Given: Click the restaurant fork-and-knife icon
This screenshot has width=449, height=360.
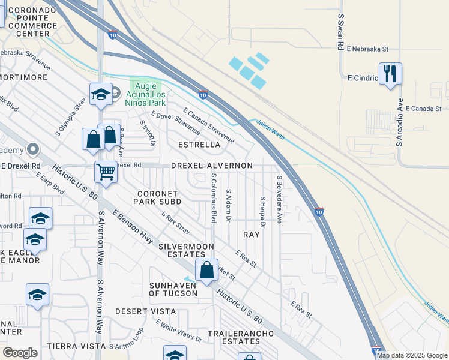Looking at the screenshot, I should coord(390,74).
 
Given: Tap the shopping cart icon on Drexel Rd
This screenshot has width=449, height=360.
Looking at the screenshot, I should coord(106,172).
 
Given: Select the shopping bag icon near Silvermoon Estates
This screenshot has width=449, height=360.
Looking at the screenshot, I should coord(206,270).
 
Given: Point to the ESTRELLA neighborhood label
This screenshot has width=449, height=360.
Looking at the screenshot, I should coord(199,145).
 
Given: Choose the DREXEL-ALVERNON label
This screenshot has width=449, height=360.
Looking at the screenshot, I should coord(211,165).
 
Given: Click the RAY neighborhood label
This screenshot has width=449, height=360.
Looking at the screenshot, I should coord(252,235).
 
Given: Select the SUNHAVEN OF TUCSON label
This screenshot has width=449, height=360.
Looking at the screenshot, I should coord(172,289).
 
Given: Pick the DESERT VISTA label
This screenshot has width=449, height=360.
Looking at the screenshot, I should coord(145,311).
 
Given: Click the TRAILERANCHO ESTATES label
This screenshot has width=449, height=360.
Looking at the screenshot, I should coord(232,337).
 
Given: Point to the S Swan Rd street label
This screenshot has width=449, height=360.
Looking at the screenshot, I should coord(340,32).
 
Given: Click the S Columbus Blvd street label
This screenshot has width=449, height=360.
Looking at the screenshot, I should coord(214,199).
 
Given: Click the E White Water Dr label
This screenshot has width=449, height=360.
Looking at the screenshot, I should coord(178,331).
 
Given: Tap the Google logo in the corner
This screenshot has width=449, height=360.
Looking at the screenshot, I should coord(20,353).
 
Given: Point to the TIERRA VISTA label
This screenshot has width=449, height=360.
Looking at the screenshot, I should coord(76,346).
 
